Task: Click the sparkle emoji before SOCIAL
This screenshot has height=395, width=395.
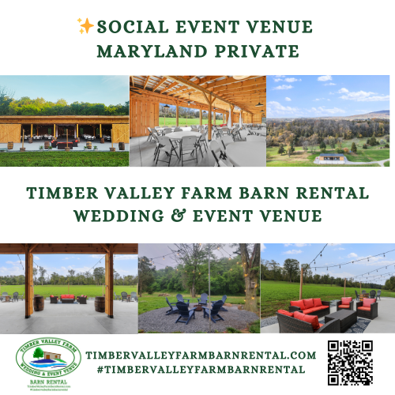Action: pyautogui.click(x=86, y=27)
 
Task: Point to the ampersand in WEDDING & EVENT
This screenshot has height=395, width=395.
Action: pyautogui.click(x=190, y=216)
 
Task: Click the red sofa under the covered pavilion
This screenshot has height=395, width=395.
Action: pyautogui.click(x=66, y=299)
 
